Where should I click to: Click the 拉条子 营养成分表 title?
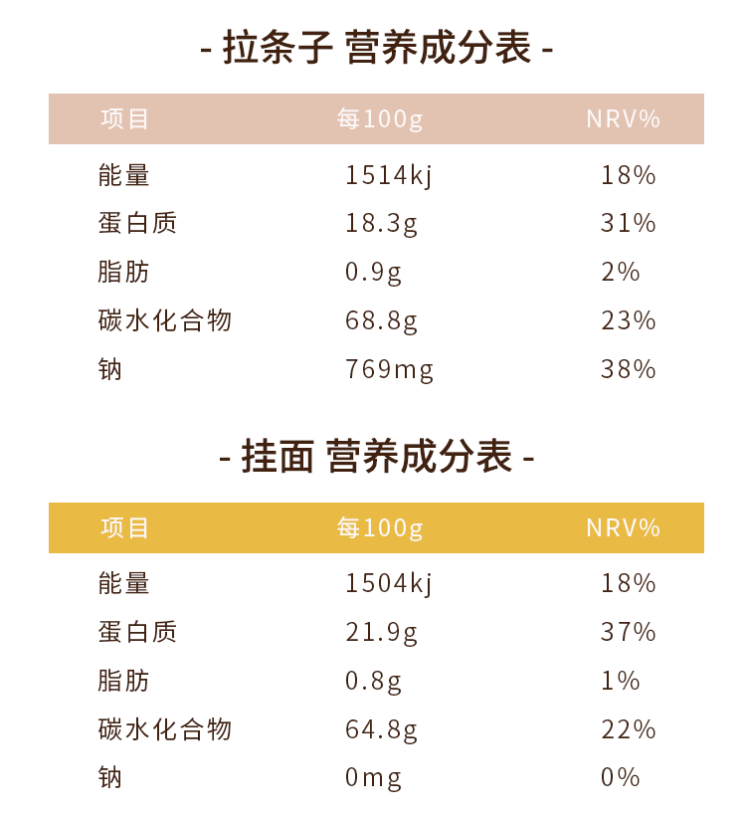(x=376, y=48)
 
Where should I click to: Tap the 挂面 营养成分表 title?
(x=376, y=457)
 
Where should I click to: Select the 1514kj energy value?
(x=389, y=175)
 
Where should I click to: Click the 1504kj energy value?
(x=389, y=583)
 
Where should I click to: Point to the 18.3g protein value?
(x=381, y=223)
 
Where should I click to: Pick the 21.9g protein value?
(x=381, y=632)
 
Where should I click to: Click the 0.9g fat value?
(x=373, y=272)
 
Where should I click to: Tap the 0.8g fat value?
(x=373, y=681)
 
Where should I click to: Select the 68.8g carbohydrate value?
(x=381, y=320)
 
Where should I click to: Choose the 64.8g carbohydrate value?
(x=381, y=729)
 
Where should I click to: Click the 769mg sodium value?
(x=389, y=369)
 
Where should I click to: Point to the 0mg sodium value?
(x=373, y=777)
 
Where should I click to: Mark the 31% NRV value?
(x=629, y=223)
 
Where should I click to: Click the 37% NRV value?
(x=629, y=632)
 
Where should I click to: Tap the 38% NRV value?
(x=629, y=369)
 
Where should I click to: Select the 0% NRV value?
(x=621, y=777)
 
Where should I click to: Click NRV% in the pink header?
(x=624, y=119)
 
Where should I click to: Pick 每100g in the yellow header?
(x=380, y=527)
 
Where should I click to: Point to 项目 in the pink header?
(x=124, y=119)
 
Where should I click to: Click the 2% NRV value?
(x=621, y=272)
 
